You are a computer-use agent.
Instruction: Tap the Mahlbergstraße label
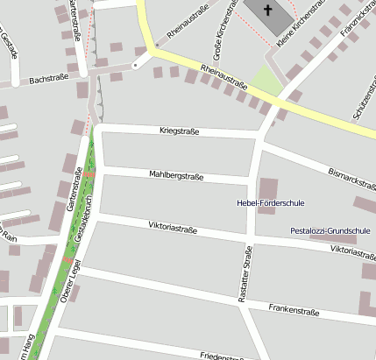point(176,176)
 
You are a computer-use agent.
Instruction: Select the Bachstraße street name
point(49,80)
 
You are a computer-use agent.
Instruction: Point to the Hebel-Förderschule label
point(271,203)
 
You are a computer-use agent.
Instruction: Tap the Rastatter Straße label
point(245,275)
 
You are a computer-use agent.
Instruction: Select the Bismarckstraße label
point(351,179)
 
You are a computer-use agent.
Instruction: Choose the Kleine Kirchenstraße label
point(299,24)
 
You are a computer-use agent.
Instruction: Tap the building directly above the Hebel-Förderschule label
point(268,188)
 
